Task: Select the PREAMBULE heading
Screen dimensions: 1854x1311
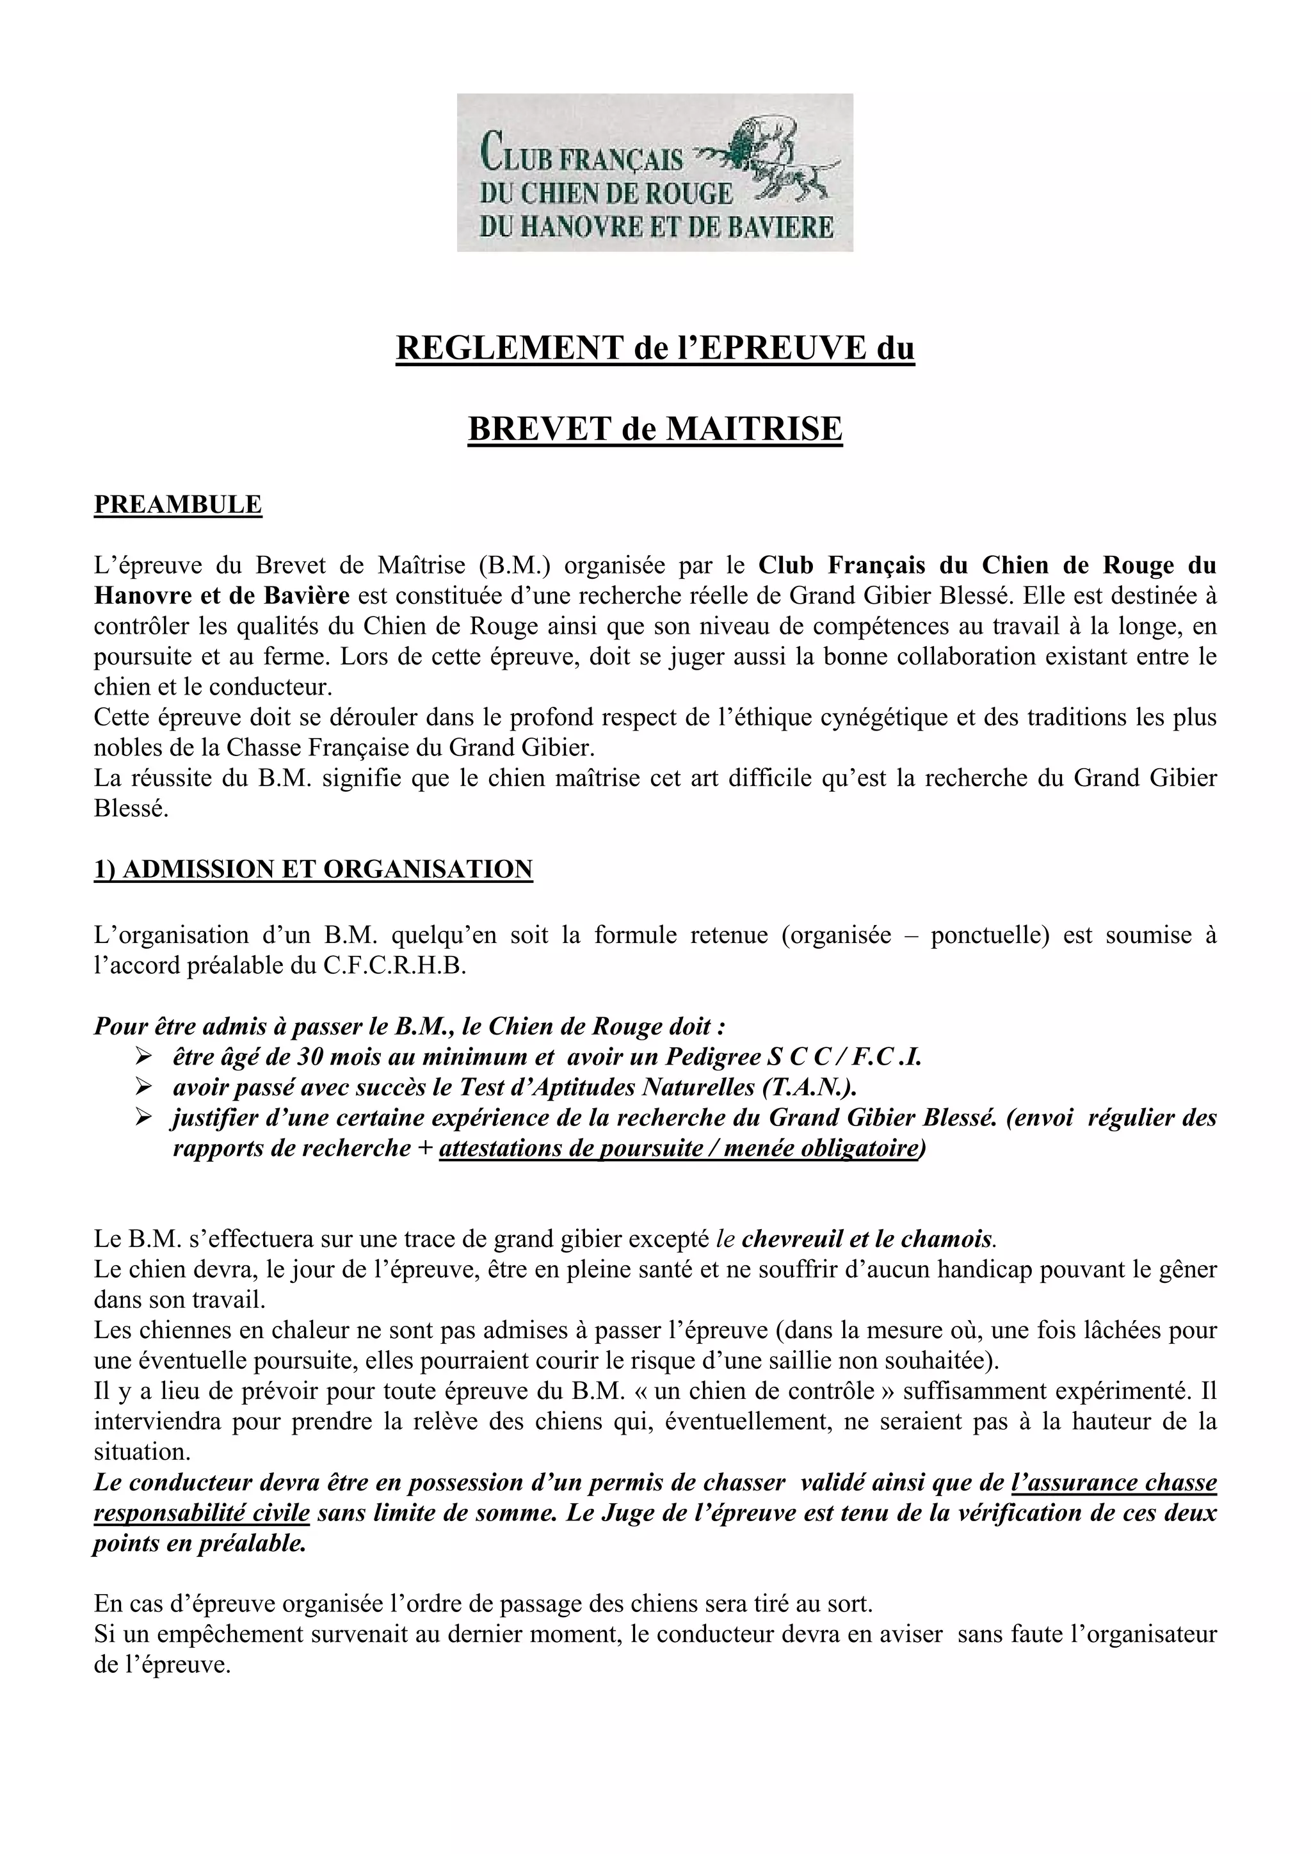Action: pyautogui.click(x=179, y=504)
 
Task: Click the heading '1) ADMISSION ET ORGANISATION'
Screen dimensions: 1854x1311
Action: pyautogui.click(x=313, y=869)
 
